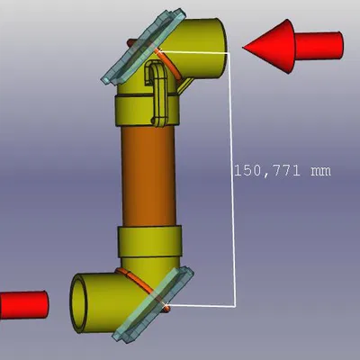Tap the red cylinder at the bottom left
click(22, 304)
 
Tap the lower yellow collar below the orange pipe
click(151, 241)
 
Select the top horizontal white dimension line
click(202, 53)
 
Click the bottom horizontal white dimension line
click(202, 306)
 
